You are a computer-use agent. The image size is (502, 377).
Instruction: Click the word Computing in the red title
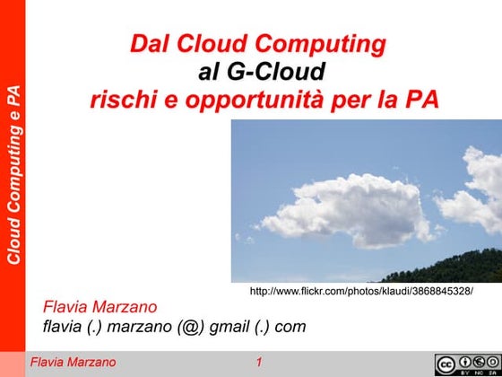(324, 43)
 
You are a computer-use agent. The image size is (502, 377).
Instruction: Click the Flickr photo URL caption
(360, 292)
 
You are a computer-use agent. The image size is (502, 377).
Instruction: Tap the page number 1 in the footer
(258, 363)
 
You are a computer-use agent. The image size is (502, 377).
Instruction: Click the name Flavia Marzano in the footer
(74, 363)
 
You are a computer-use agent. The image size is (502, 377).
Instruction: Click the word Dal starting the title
(149, 43)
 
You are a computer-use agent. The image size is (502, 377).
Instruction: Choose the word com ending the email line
(290, 328)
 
